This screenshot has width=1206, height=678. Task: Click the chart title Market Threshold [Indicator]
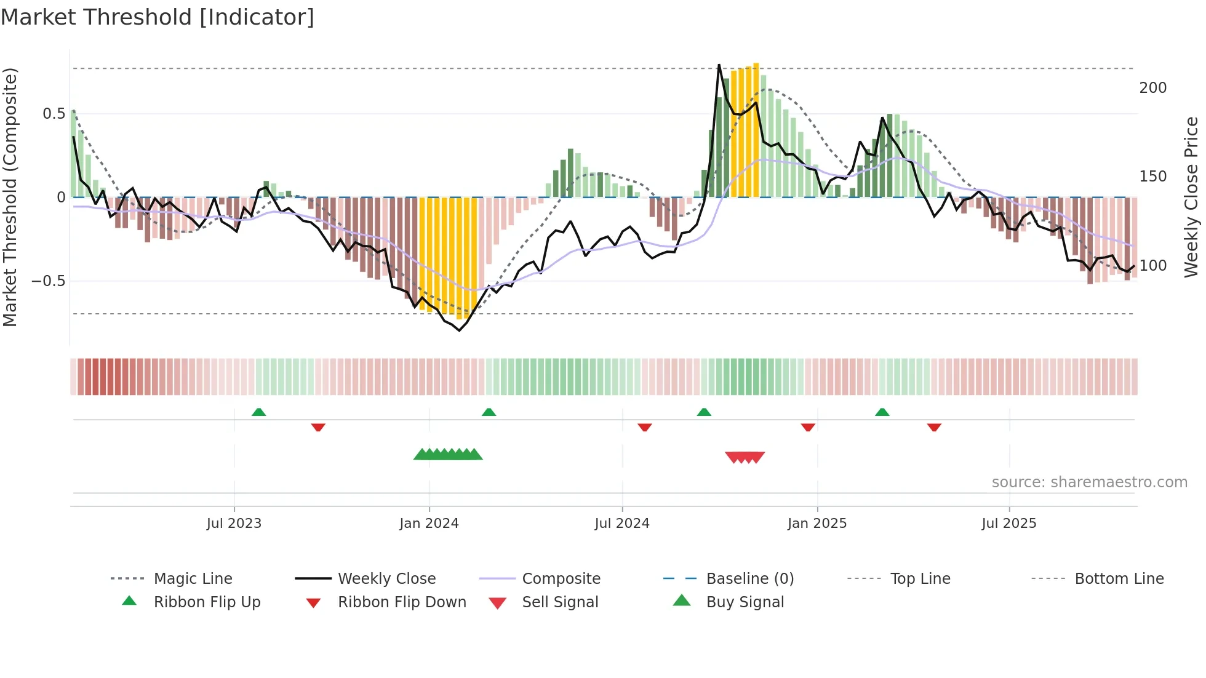158,17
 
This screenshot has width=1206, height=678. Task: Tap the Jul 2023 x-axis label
234,524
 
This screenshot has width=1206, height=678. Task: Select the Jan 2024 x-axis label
429,524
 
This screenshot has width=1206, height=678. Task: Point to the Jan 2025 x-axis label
817,524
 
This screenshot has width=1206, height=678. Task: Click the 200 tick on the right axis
1152,88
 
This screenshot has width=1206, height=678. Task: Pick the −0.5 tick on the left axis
48,281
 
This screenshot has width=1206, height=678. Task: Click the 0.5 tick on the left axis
54,114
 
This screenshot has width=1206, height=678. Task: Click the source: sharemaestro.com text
1089,482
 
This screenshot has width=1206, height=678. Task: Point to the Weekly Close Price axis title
1191,197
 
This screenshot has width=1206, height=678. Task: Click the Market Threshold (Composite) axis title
10,197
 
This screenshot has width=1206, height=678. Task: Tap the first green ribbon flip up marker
258,412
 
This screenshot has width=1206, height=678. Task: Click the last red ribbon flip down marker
934,427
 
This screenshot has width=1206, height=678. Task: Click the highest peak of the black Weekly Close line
719,65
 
